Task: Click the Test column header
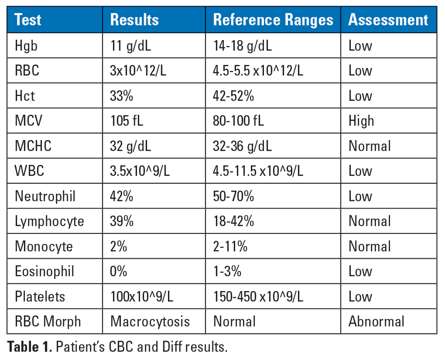click(x=28, y=20)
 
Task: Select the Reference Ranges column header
click(x=273, y=20)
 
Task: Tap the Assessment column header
click(x=388, y=20)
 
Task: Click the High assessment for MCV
click(x=361, y=121)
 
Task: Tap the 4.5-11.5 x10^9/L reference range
click(x=258, y=171)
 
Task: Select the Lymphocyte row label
click(x=50, y=221)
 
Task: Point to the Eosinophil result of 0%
click(x=118, y=271)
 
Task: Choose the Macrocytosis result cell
click(x=150, y=321)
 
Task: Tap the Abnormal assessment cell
click(x=376, y=321)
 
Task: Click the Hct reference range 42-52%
click(x=233, y=96)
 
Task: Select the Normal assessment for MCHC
click(x=369, y=146)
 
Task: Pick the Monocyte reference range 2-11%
click(x=230, y=246)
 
